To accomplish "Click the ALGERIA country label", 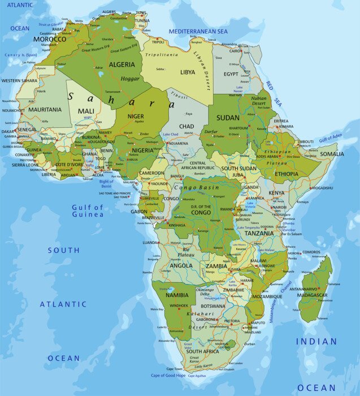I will click(x=122, y=65).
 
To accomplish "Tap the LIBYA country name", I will click(x=188, y=72).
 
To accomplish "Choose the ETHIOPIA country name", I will click(x=287, y=174).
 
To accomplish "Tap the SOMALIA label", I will click(x=332, y=154).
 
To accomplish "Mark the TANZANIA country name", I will click(x=259, y=233).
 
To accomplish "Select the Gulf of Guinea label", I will click(x=88, y=211).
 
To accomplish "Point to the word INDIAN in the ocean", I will click(x=316, y=342).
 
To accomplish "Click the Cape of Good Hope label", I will click(x=168, y=375).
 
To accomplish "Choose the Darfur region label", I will click(x=211, y=132).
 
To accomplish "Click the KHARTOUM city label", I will click(x=238, y=128).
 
